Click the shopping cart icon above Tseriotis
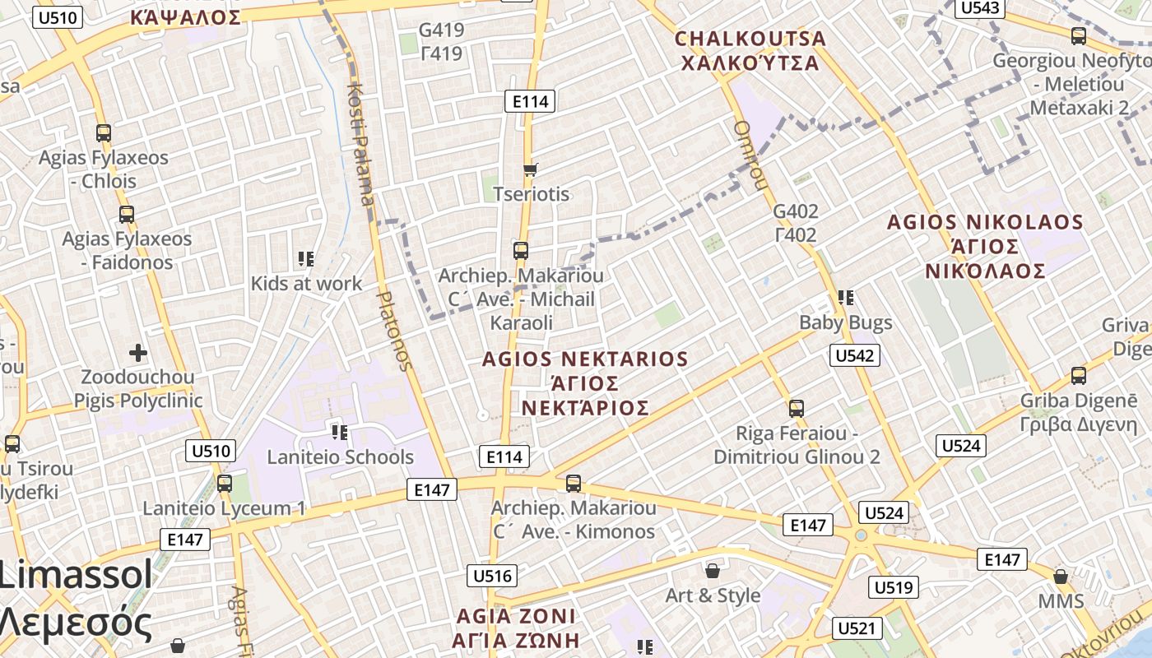pyautogui.click(x=531, y=169)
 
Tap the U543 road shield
pyautogui.click(x=980, y=8)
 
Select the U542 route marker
pyautogui.click(x=855, y=355)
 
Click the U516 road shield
pyautogui.click(x=492, y=576)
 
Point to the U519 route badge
pyautogui.click(x=894, y=587)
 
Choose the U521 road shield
pyautogui.click(x=857, y=628)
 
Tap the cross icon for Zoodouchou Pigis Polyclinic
pyautogui.click(x=138, y=353)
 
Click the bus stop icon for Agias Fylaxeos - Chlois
pyautogui.click(x=104, y=132)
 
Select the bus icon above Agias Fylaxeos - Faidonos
pyautogui.click(x=127, y=215)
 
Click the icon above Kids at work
pyautogui.click(x=307, y=259)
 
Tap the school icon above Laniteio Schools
pyautogui.click(x=339, y=432)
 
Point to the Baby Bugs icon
pyautogui.click(x=845, y=297)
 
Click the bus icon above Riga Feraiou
pyautogui.click(x=796, y=408)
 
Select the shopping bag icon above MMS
pyautogui.click(x=1061, y=577)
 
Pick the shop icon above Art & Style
pyautogui.click(x=713, y=570)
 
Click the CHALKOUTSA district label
pyautogui.click(x=750, y=39)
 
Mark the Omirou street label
pyautogui.click(x=749, y=155)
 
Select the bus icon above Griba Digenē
pyautogui.click(x=1079, y=376)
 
